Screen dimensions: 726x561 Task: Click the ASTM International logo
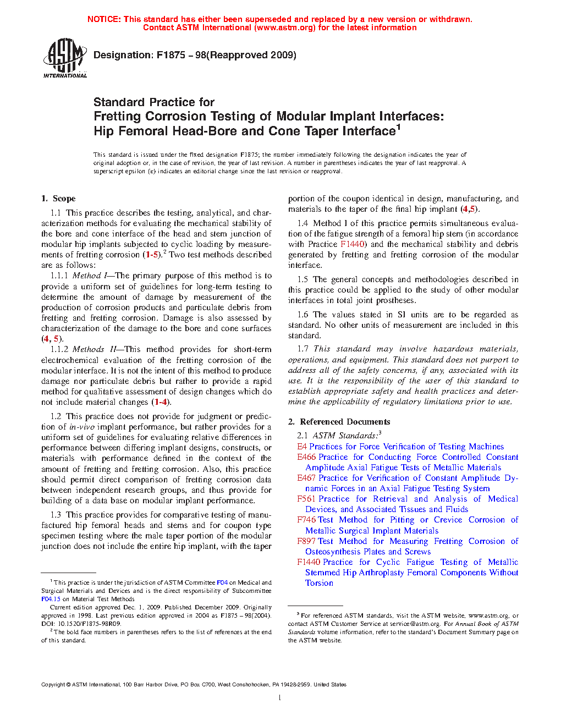[65, 57]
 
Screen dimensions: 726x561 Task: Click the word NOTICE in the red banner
[103, 19]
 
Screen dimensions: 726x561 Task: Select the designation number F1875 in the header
[170, 55]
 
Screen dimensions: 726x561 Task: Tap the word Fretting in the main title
[117, 117]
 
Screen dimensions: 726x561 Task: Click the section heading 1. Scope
[58, 199]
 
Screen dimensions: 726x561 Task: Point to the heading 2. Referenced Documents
[339, 422]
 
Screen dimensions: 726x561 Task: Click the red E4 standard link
[301, 447]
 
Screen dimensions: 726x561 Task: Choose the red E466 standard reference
[306, 457]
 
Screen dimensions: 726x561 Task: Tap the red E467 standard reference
[306, 478]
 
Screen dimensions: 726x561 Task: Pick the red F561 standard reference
[306, 499]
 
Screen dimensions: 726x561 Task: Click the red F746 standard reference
[306, 520]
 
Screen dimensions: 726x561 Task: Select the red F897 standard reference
[306, 541]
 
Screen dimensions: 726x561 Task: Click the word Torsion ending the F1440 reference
[319, 583]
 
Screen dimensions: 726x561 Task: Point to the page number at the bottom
[280, 698]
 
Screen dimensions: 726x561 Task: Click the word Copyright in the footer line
[53, 685]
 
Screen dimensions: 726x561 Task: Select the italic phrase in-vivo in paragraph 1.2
[82, 427]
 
